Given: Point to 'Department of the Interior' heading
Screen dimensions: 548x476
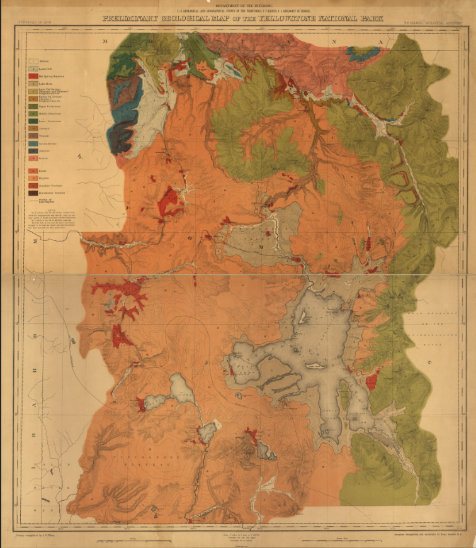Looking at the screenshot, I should (x=237, y=5).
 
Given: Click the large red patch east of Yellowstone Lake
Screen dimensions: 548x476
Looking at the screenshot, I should (x=372, y=380).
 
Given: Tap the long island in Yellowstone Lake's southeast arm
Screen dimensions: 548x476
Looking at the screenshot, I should (x=344, y=396).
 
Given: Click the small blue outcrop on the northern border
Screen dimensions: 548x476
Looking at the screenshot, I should (x=361, y=54).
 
